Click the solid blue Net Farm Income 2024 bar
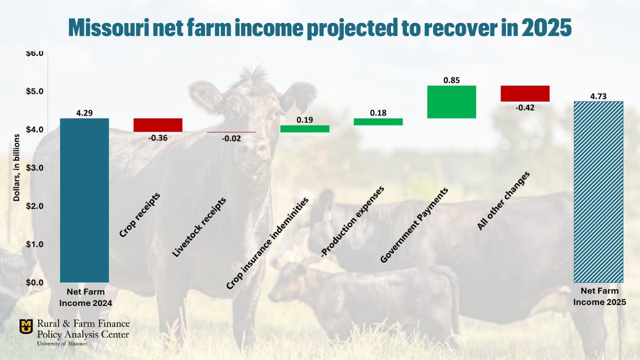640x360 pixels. [84, 200]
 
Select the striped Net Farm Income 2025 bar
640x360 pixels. [598, 192]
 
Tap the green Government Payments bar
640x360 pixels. [451, 102]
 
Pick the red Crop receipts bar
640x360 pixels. [158, 125]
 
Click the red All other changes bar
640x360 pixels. [525, 93]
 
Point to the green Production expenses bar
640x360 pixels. [378, 122]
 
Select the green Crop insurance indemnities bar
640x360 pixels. [305, 129]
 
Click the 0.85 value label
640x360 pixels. [451, 80]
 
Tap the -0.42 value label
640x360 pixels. [525, 107]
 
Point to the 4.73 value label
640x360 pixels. [598, 96]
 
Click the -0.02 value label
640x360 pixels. [231, 139]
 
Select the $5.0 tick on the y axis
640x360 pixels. [35, 91]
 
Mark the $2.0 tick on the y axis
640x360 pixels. [35, 206]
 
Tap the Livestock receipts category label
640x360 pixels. [199, 228]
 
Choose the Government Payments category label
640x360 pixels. [414, 225]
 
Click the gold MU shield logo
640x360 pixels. [26, 325]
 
